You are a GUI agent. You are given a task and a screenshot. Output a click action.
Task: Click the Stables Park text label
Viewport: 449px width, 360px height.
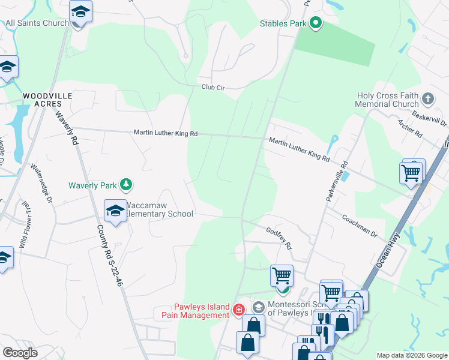pyautogui.click(x=283, y=24)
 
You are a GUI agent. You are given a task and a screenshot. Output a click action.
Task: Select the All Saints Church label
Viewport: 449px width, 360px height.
pyautogui.click(x=37, y=23)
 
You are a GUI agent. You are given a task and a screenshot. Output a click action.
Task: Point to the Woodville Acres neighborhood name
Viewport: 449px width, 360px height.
pyautogui.click(x=47, y=100)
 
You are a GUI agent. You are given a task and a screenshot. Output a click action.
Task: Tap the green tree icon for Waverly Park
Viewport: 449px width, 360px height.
pyautogui.click(x=125, y=184)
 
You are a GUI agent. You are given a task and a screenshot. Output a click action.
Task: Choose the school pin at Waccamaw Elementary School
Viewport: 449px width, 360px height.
pyautogui.click(x=115, y=210)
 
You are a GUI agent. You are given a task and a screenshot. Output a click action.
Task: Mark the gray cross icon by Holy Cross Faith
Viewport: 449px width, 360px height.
pyautogui.click(x=428, y=98)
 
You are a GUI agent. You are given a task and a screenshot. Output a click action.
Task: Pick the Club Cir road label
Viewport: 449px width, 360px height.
pyautogui.click(x=212, y=88)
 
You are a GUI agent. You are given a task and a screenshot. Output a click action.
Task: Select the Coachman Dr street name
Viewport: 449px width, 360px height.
pyautogui.click(x=359, y=225)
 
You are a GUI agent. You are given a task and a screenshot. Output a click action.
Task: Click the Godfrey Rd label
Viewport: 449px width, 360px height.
pyautogui.click(x=279, y=238)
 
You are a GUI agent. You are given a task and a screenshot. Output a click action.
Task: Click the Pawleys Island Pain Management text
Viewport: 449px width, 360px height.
pyautogui.click(x=196, y=311)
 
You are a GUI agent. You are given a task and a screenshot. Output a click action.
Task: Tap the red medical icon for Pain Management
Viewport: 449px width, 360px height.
pyautogui.click(x=238, y=310)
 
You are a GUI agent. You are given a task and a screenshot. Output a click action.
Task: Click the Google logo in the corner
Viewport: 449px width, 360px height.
pyautogui.click(x=20, y=352)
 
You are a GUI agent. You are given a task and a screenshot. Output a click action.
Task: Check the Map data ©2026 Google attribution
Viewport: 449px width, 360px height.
pyautogui.click(x=411, y=355)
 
